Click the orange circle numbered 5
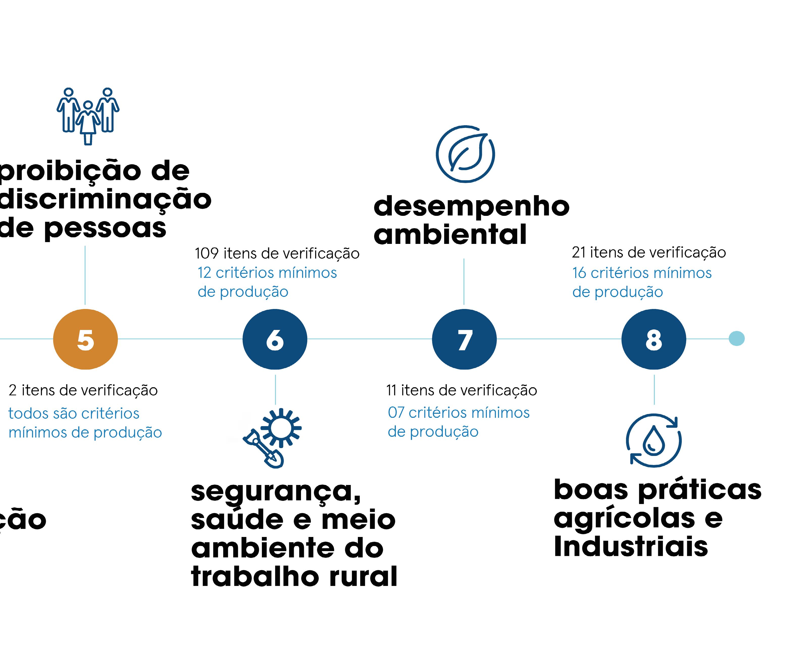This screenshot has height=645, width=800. (x=85, y=339)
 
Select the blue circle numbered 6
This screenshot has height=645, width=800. (x=275, y=339)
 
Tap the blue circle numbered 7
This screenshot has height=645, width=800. (x=464, y=339)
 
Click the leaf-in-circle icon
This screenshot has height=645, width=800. (x=465, y=154)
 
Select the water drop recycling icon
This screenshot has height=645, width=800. (x=654, y=440)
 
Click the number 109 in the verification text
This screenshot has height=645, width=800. (x=207, y=253)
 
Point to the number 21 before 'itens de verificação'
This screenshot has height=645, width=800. (x=579, y=253)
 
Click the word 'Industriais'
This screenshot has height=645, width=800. (x=631, y=547)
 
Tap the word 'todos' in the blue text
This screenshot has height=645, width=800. (x=26, y=414)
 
